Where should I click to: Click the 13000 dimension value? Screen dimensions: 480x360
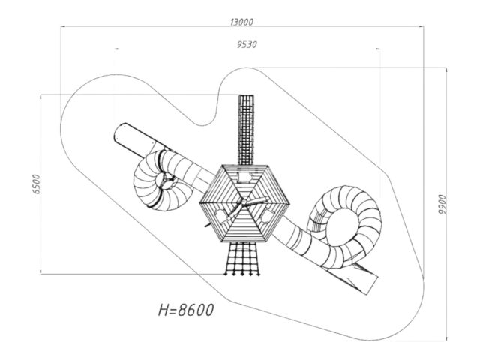(241, 22)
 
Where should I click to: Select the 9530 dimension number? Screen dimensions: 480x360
(247, 45)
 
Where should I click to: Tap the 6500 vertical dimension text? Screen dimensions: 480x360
(37, 184)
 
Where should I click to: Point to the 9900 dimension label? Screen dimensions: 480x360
(442, 204)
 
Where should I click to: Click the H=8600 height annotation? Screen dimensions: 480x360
(186, 310)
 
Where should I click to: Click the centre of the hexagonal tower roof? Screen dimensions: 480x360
(244, 203)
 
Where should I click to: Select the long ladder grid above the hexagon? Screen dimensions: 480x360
(246, 130)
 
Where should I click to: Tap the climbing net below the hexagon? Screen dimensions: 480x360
(242, 259)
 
